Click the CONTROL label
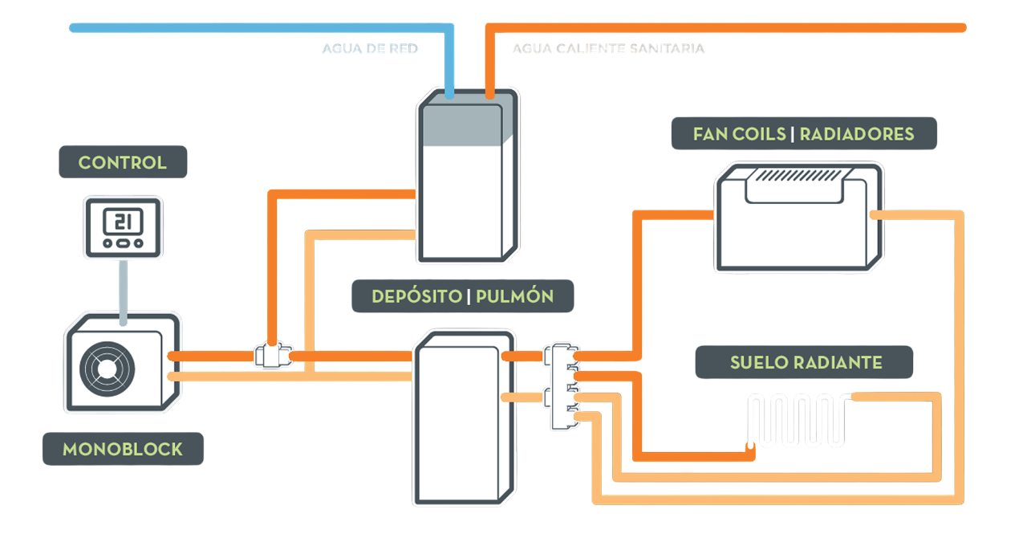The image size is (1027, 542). (123, 162)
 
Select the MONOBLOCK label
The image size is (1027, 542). (123, 449)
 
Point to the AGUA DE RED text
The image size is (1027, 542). (370, 49)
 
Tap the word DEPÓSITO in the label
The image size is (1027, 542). (416, 296)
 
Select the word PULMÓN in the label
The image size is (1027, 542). (514, 296)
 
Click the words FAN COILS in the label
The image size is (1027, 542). (739, 134)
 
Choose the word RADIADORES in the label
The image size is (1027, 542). (857, 134)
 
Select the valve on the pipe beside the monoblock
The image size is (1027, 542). (272, 356)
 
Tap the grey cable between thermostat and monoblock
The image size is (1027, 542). (123, 289)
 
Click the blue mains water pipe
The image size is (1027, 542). (257, 28)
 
